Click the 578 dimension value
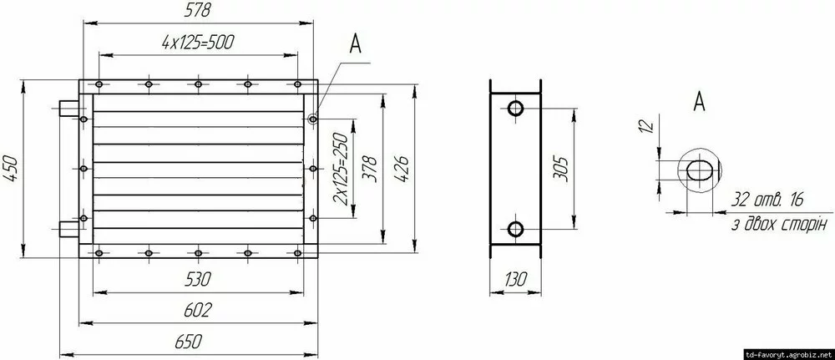pos(198,11)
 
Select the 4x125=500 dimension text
pos(198,43)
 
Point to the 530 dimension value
pos(198,278)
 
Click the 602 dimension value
pos(198,310)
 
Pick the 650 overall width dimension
pos(189,342)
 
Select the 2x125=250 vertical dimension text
pos(340,169)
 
